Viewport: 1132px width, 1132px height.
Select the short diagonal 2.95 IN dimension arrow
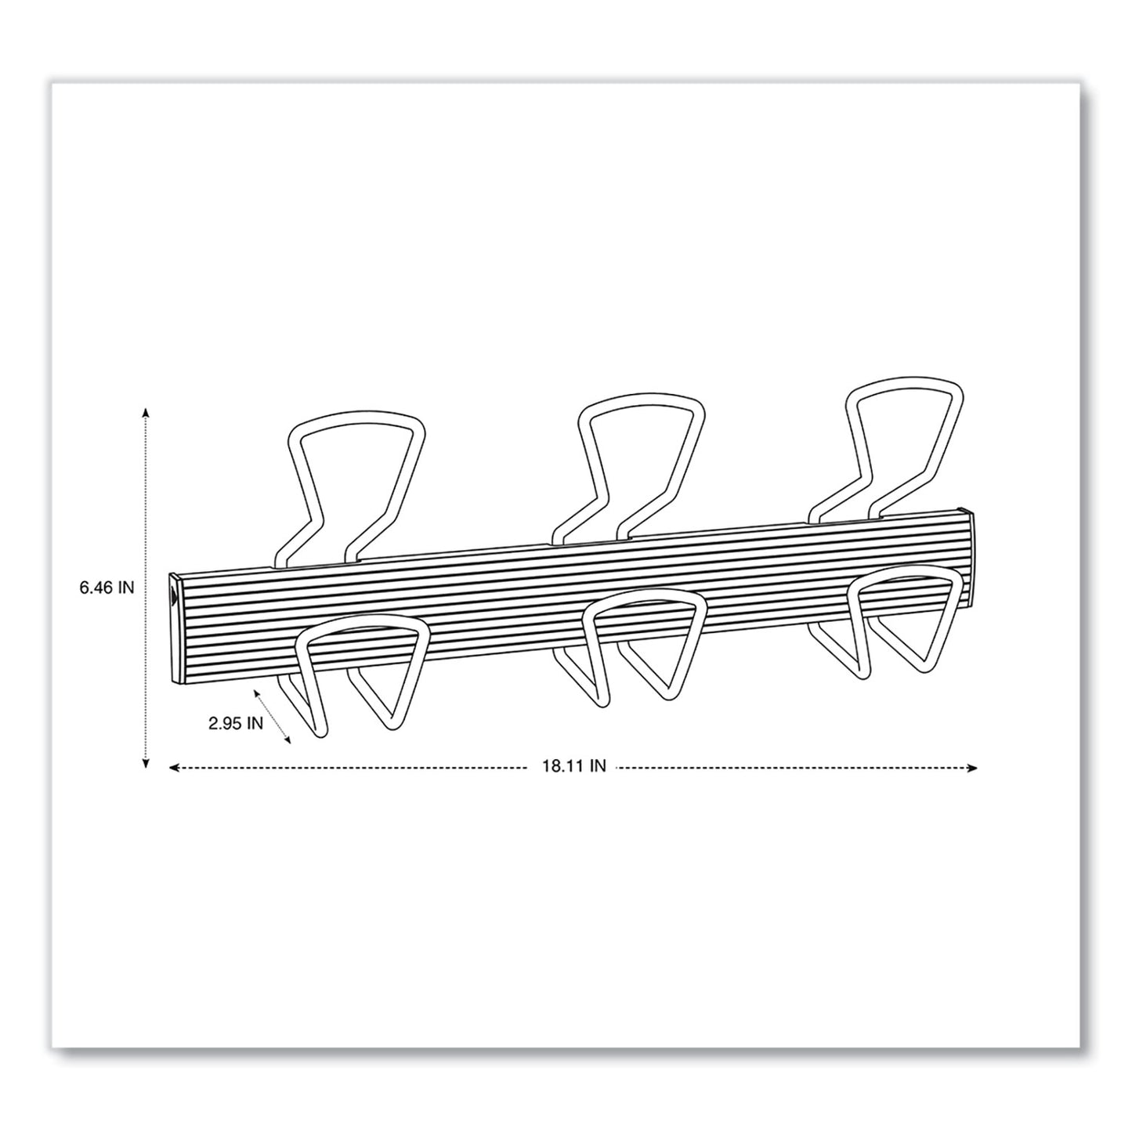click(x=273, y=715)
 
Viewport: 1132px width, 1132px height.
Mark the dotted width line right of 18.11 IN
click(x=791, y=768)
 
